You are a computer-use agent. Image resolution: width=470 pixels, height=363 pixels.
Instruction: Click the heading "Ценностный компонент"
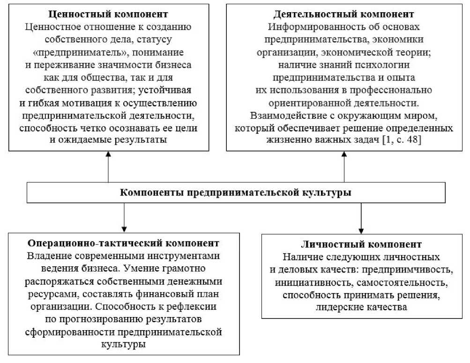point(109,15)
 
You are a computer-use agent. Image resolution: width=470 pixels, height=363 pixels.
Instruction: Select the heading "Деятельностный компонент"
point(344,15)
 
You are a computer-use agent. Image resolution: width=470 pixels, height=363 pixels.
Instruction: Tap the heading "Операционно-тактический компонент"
point(124,243)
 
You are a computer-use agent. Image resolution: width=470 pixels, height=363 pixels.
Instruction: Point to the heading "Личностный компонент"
point(361,244)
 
